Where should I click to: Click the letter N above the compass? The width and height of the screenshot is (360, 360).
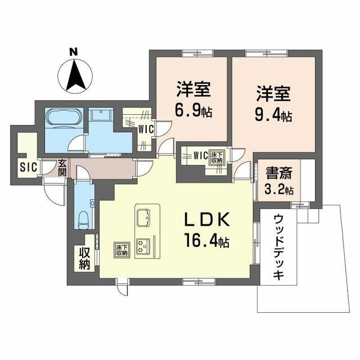click(74, 51)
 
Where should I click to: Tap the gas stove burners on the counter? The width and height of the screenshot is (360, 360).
click(143, 246)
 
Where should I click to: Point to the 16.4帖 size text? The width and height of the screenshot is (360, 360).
click(206, 240)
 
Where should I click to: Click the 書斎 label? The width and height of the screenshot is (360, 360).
click(279, 173)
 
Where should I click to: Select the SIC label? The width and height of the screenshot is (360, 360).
click(29, 167)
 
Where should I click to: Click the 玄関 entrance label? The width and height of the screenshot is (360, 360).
click(62, 168)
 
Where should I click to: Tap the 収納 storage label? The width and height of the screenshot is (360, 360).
click(84, 259)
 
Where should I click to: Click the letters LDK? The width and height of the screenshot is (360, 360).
click(207, 220)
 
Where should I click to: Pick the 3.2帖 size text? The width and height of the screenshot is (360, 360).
click(279, 190)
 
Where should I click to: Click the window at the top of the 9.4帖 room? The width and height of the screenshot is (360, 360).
click(267, 53)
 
